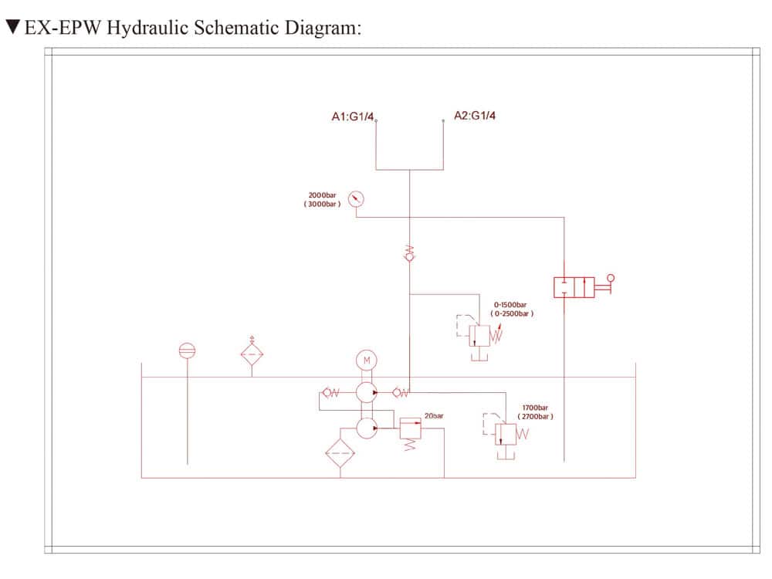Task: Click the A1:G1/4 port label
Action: click(353, 117)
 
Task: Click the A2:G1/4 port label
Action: click(475, 116)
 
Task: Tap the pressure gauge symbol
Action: click(356, 199)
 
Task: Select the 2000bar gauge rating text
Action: click(323, 195)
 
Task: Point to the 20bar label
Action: click(434, 416)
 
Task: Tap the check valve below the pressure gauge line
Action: click(410, 253)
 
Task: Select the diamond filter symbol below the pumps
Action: click(340, 453)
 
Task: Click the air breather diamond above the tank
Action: click(252, 354)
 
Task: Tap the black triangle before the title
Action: click(12, 29)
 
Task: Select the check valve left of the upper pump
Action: click(331, 393)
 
